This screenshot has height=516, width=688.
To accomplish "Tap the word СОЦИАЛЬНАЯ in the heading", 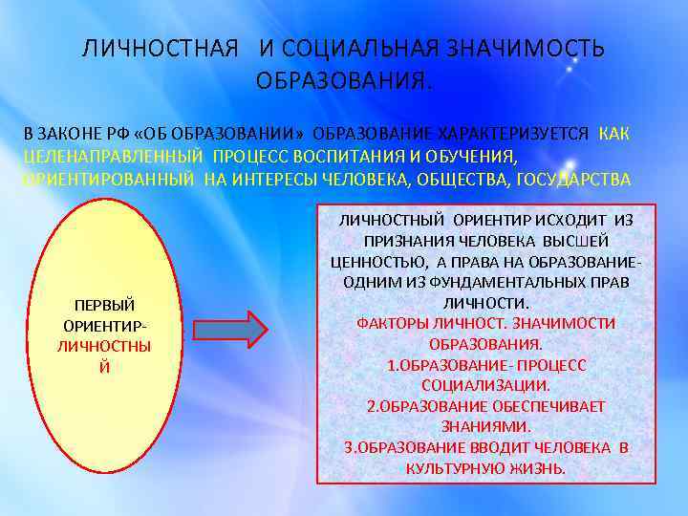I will coord(358,49).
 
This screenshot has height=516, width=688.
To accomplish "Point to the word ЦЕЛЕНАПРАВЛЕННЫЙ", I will coord(113,156).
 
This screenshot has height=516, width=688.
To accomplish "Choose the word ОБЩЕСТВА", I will coord(463,179).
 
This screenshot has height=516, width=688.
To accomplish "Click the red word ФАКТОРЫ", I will coord(391,323).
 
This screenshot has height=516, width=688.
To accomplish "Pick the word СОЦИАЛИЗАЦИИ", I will coord(487,386).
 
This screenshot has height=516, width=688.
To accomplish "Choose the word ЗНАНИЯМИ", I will coord(486,427).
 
